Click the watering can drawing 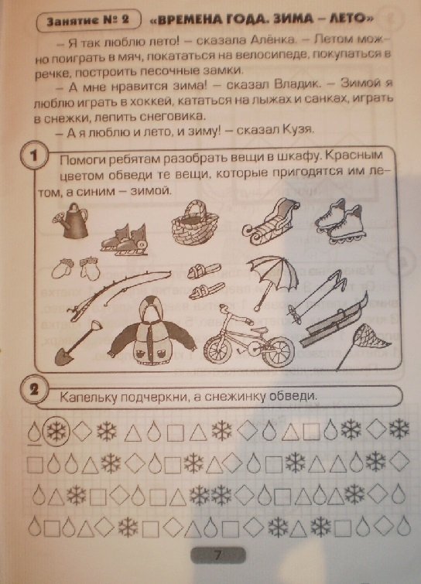70,220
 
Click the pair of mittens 76,268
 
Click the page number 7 218,555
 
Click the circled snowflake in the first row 56,432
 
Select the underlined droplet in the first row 34,433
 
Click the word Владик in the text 297,84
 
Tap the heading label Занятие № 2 88,20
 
